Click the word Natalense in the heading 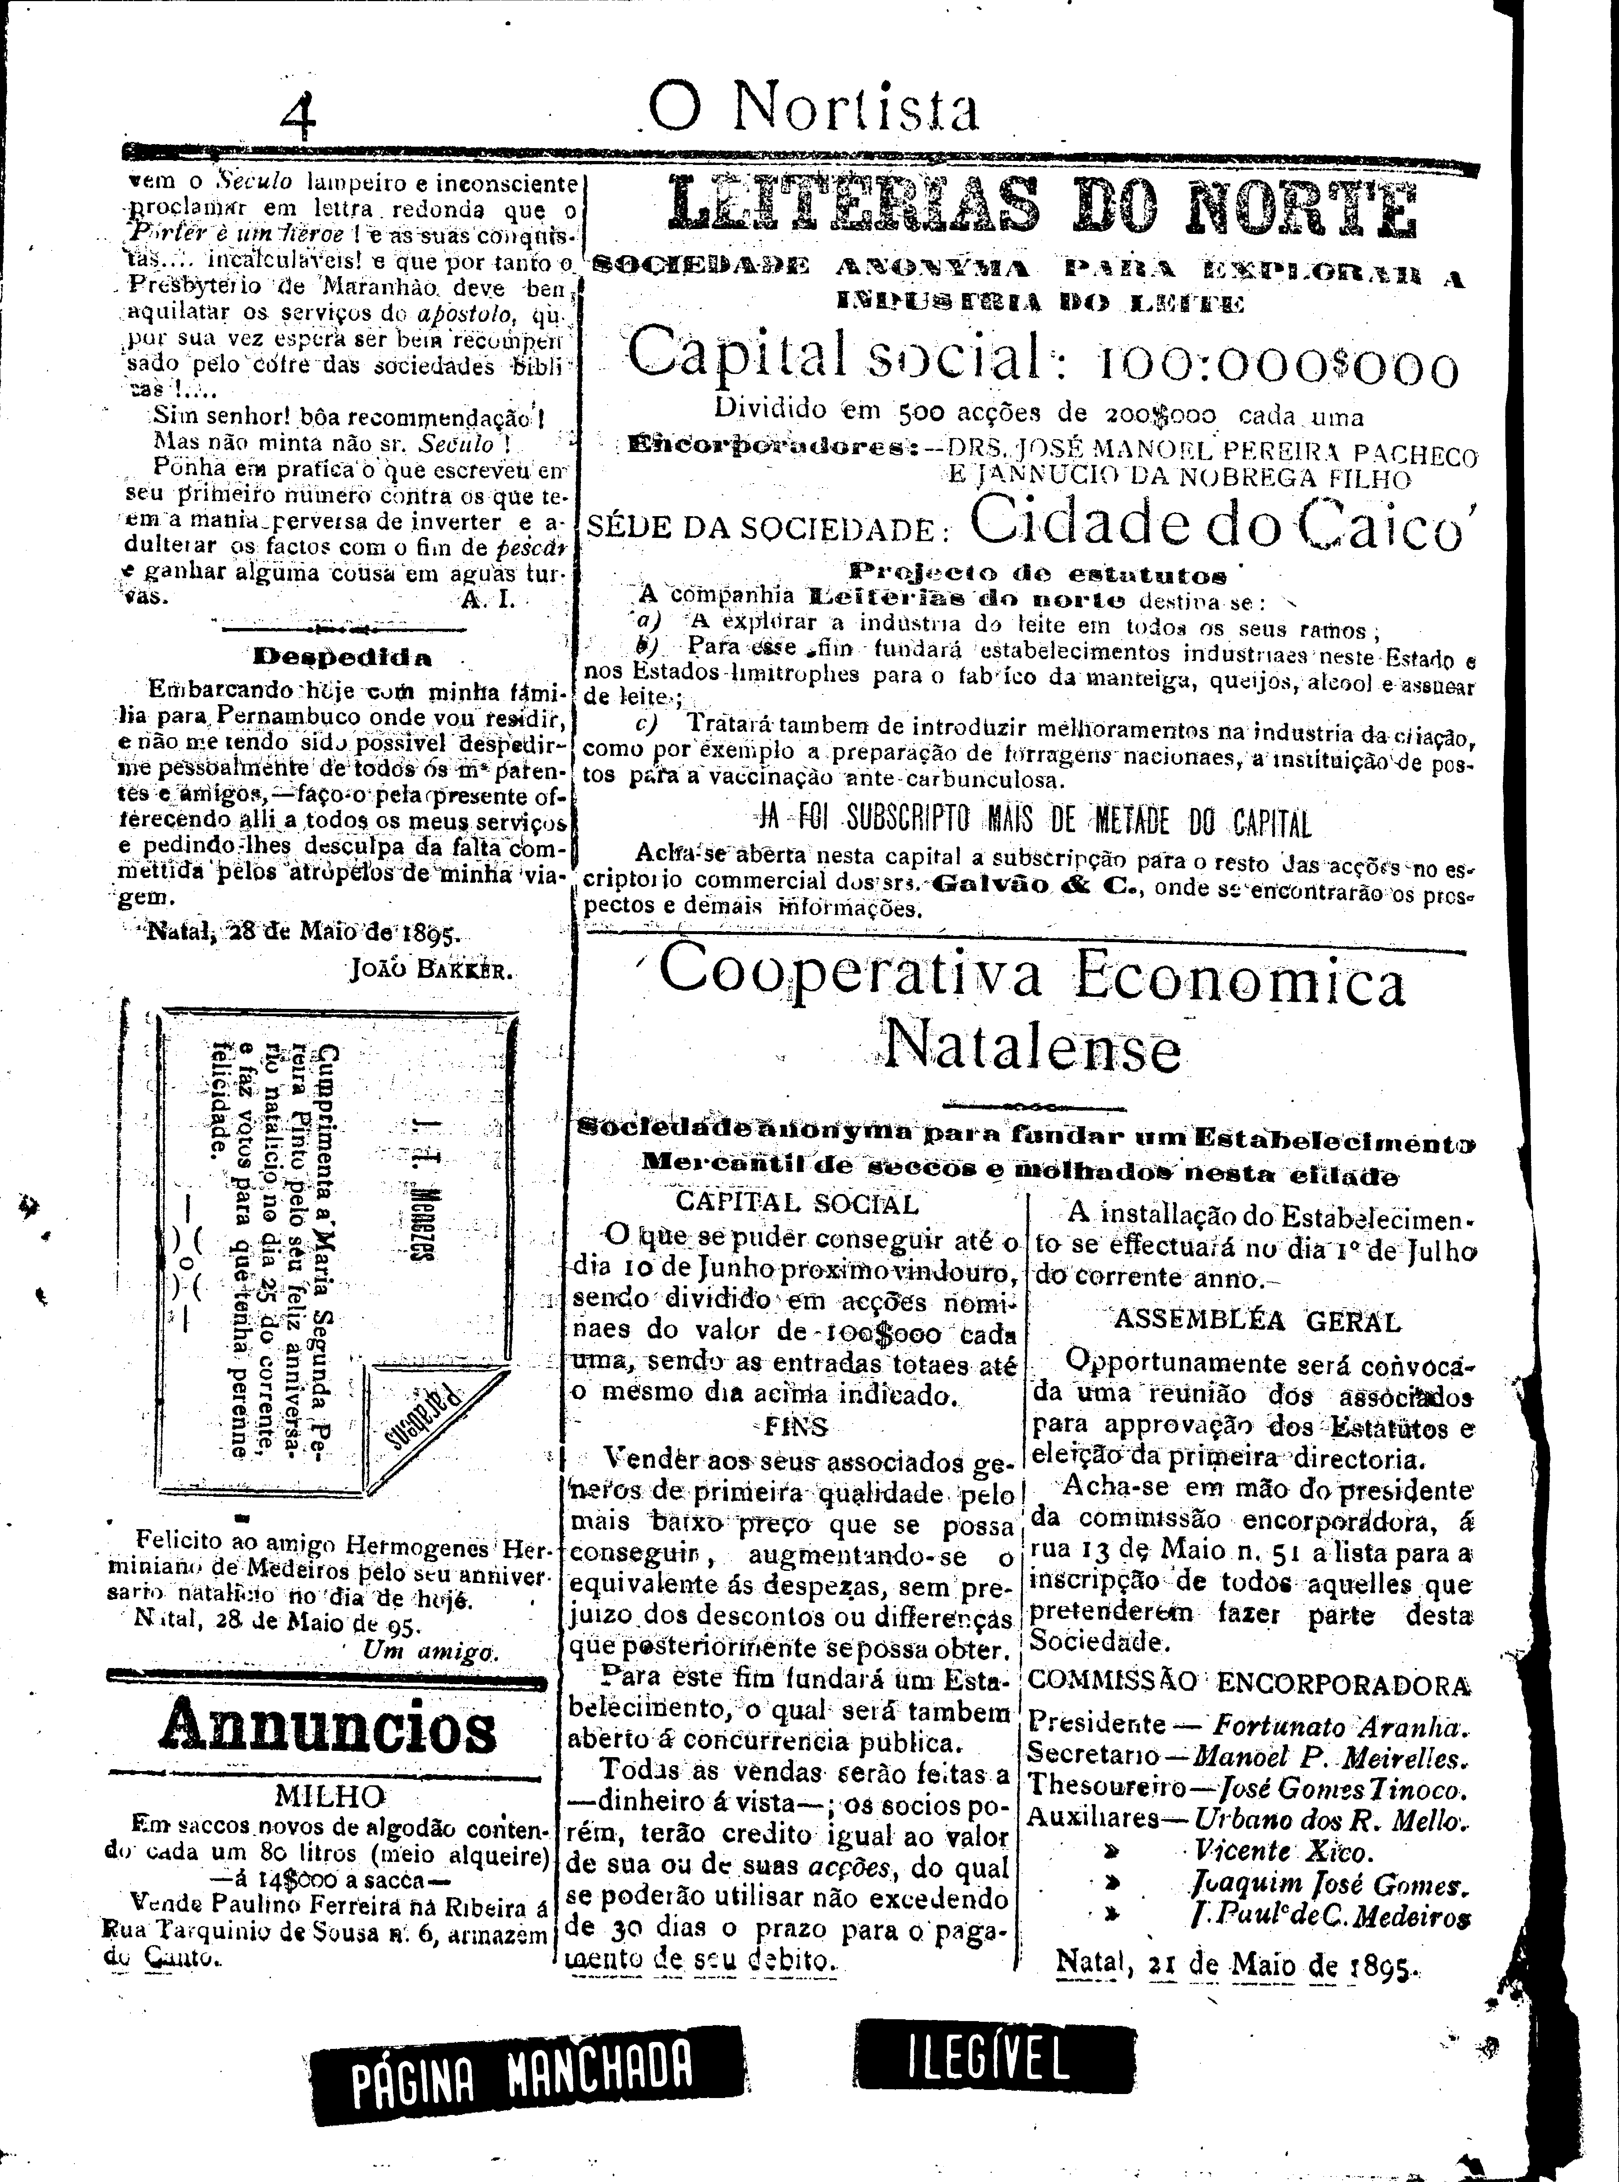1032,1050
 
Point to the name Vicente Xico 1284,1851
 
